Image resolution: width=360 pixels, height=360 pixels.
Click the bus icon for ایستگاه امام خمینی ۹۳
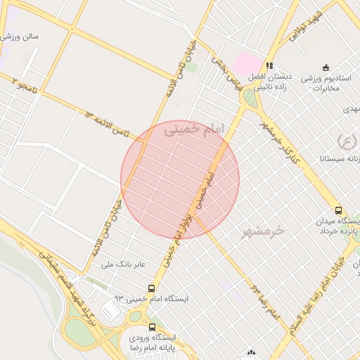152,288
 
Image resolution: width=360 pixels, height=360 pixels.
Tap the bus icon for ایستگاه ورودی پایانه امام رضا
153,328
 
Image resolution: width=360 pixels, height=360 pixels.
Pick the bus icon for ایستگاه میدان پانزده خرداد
339,210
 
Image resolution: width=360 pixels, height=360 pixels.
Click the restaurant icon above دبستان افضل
269,67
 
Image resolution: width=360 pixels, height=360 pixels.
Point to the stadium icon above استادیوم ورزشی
325,67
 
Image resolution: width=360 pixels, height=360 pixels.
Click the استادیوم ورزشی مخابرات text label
325,82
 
